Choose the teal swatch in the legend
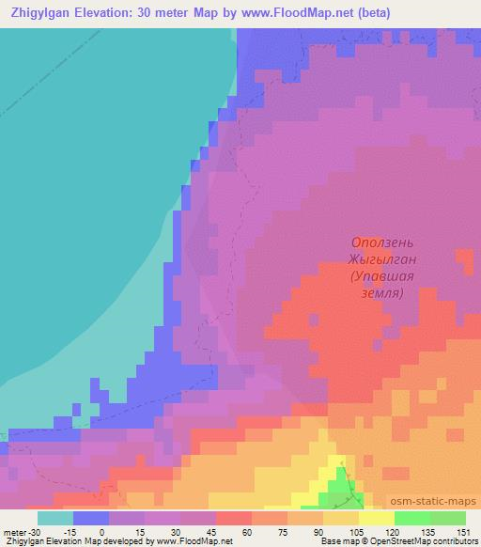tap(54, 518)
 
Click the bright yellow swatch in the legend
tap(376, 518)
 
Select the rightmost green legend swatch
tap(447, 518)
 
